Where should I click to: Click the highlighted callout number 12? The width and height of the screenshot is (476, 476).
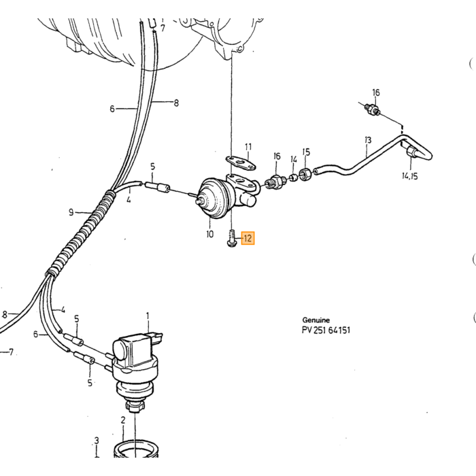pos(248,238)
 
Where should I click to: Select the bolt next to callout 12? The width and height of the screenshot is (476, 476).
pos(232,238)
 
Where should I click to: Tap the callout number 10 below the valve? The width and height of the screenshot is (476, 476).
pos(209,234)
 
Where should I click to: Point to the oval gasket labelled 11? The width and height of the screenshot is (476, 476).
pos(241,163)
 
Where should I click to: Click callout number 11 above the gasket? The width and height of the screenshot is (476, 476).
pos(248,147)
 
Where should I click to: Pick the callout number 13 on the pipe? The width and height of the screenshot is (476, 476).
pos(368,140)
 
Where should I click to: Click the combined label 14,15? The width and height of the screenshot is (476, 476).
pos(410,175)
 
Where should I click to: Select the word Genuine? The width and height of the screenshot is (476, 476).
pos(316,320)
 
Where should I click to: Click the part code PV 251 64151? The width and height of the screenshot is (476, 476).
pos(326,330)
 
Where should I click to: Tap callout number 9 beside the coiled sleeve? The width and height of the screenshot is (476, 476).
pos(71,212)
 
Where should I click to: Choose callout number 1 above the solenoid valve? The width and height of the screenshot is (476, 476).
pos(148,316)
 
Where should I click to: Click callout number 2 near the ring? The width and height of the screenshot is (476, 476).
pos(123,420)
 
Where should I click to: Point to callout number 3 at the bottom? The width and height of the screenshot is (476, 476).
pos(97,441)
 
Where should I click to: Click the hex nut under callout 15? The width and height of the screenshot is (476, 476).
pos(305,175)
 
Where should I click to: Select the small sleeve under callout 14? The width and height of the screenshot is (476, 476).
pos(293,177)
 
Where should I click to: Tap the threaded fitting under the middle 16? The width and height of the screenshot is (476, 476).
pos(275,182)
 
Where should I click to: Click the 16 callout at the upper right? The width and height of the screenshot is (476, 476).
pos(376,92)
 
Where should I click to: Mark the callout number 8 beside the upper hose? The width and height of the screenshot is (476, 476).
pos(176,103)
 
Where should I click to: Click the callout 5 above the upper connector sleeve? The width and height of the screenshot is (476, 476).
pos(152,167)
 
